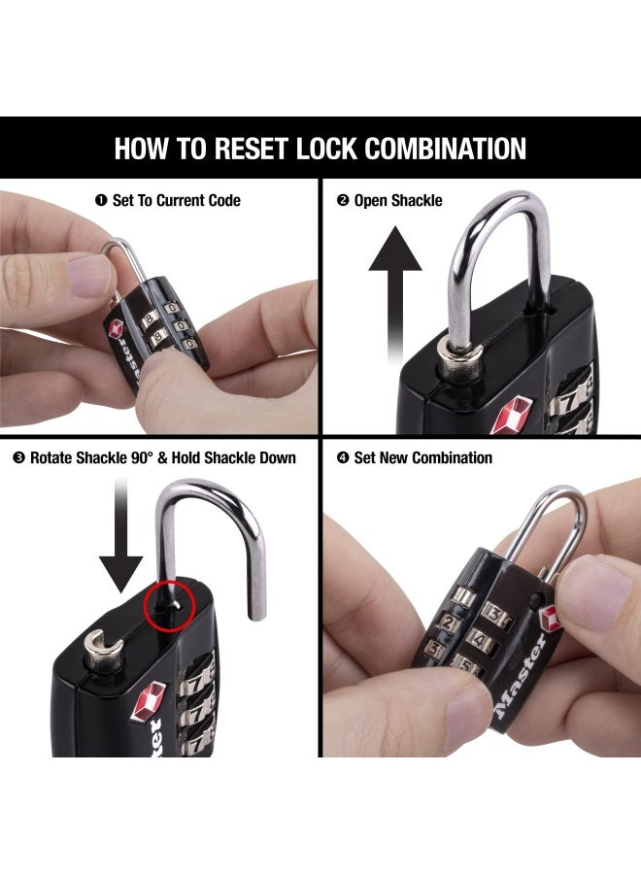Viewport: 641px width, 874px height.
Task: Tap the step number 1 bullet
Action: pos(100,201)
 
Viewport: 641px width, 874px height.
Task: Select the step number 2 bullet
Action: pos(342,201)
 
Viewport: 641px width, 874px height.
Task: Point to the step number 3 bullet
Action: pos(18,457)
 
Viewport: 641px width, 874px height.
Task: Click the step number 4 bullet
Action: pos(342,457)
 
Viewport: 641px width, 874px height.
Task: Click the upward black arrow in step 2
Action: pos(395,291)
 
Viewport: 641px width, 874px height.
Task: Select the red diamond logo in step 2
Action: pos(512,415)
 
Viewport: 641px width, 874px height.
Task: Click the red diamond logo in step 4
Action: pos(551,619)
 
